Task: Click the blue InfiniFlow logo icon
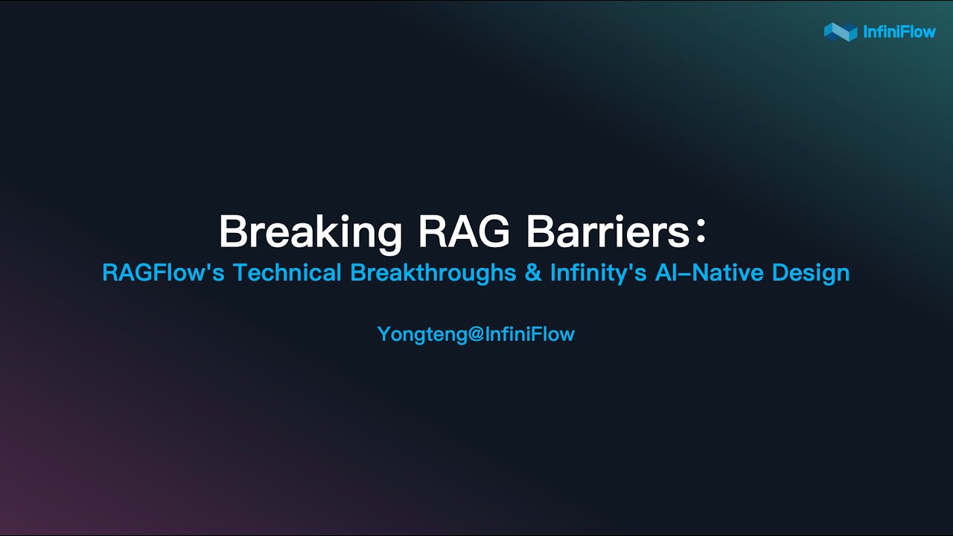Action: [x=840, y=31]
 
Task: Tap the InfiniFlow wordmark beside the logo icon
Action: [x=899, y=32]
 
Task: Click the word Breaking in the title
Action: [x=310, y=232]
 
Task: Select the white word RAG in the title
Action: [x=464, y=232]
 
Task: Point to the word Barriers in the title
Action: [x=608, y=232]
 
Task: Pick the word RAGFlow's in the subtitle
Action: [x=163, y=272]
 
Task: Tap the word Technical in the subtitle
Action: [x=287, y=272]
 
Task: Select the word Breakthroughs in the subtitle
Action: [x=433, y=272]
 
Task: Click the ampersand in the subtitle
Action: [x=533, y=272]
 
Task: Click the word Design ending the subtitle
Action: [x=811, y=272]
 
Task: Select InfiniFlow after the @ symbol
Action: [x=530, y=334]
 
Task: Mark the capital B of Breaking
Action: [x=232, y=232]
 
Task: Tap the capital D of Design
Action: [x=780, y=272]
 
